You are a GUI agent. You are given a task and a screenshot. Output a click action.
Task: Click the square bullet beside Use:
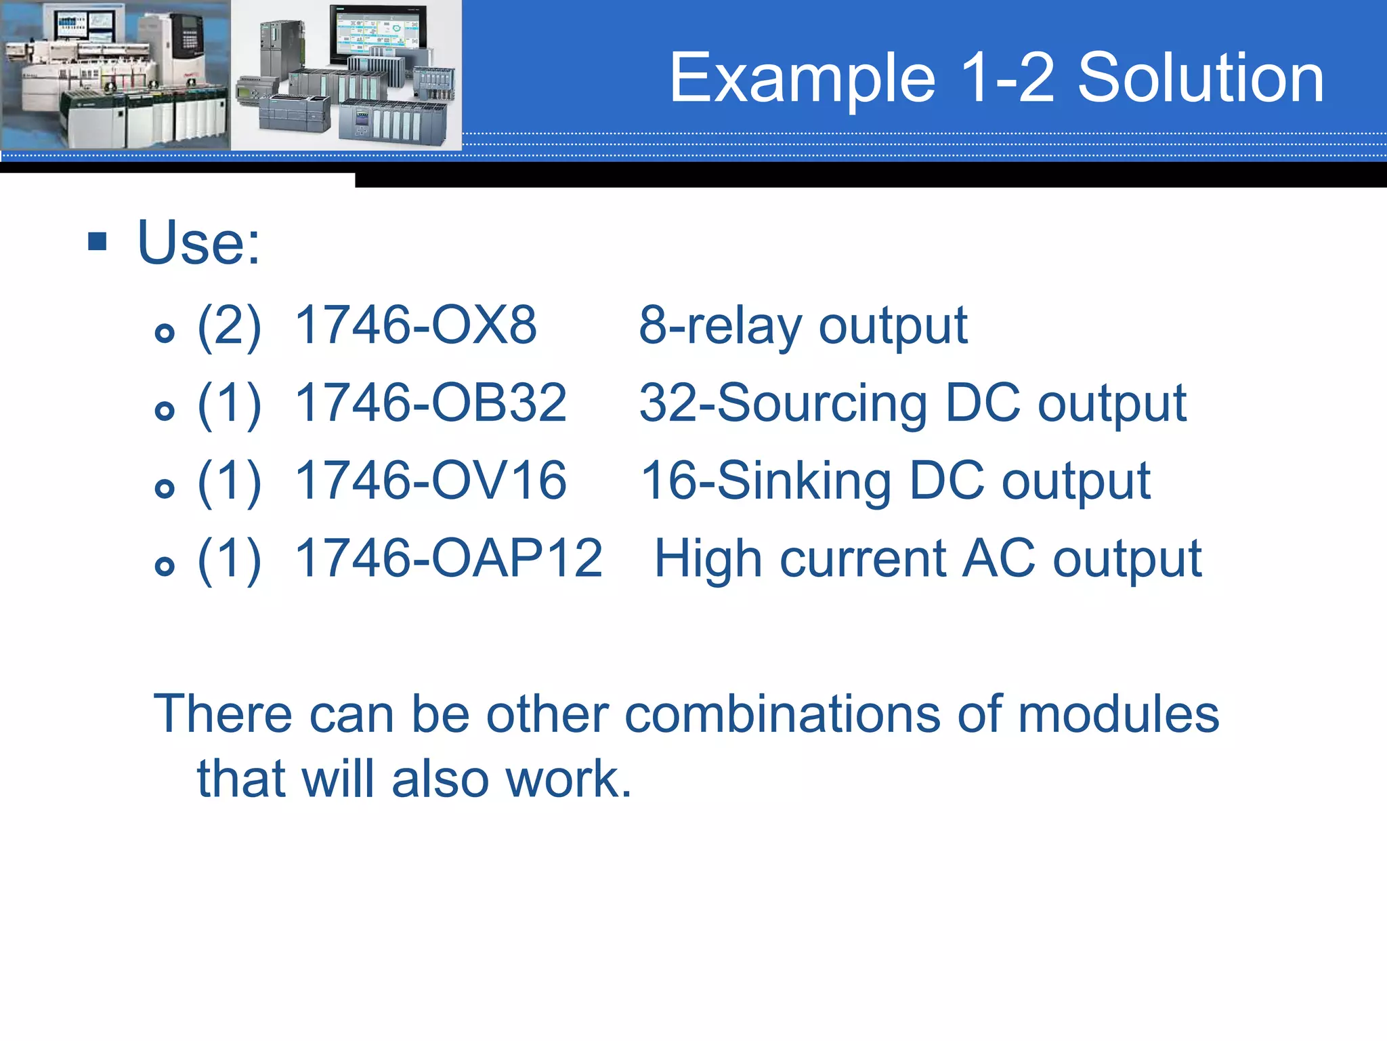click(98, 241)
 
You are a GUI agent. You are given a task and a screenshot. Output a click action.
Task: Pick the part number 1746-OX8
click(416, 325)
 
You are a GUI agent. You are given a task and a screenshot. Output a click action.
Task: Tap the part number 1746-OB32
click(431, 403)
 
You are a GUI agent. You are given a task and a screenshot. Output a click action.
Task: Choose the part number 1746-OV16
click(431, 481)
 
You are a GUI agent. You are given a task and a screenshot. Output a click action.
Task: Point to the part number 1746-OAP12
click(448, 558)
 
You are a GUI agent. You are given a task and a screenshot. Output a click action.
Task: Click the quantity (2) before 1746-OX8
click(229, 327)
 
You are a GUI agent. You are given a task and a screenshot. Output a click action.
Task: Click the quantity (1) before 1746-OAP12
click(229, 560)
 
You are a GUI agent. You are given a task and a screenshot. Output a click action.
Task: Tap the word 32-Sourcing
click(783, 405)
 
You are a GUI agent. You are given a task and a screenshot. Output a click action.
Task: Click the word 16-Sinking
click(765, 482)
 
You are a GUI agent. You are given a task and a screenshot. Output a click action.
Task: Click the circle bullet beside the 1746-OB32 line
click(165, 410)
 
